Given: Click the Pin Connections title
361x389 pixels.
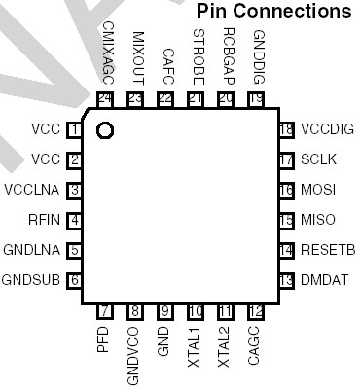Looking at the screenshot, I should (273, 12).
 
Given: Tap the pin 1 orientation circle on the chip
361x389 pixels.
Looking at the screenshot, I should (106, 129).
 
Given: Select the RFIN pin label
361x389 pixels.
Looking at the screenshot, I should (45, 220).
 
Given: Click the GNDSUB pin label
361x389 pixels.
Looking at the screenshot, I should (32, 280).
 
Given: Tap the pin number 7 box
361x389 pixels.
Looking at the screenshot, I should (106, 310).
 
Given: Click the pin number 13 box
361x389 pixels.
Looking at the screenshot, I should (286, 280).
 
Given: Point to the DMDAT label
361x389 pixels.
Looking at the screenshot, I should (325, 280).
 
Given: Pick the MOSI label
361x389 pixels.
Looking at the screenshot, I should (317, 190).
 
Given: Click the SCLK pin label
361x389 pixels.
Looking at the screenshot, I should (317, 159).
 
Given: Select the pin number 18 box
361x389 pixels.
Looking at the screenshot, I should (286, 129).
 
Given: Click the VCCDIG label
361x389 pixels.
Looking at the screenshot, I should (327, 129).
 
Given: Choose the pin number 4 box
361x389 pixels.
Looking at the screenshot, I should (74, 220).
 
